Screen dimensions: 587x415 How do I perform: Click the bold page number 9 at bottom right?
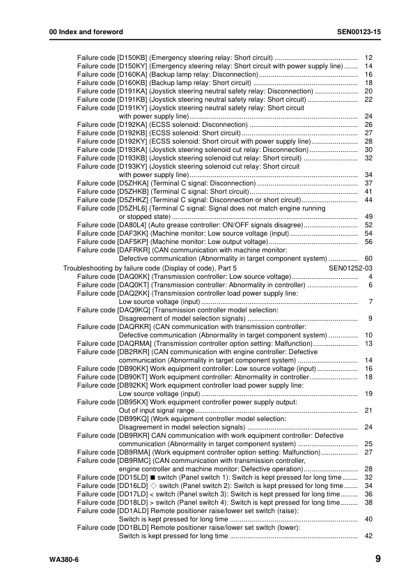(x=377, y=558)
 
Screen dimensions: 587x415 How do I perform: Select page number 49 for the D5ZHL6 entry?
(x=368, y=217)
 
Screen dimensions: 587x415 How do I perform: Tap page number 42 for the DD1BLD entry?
(x=368, y=536)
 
